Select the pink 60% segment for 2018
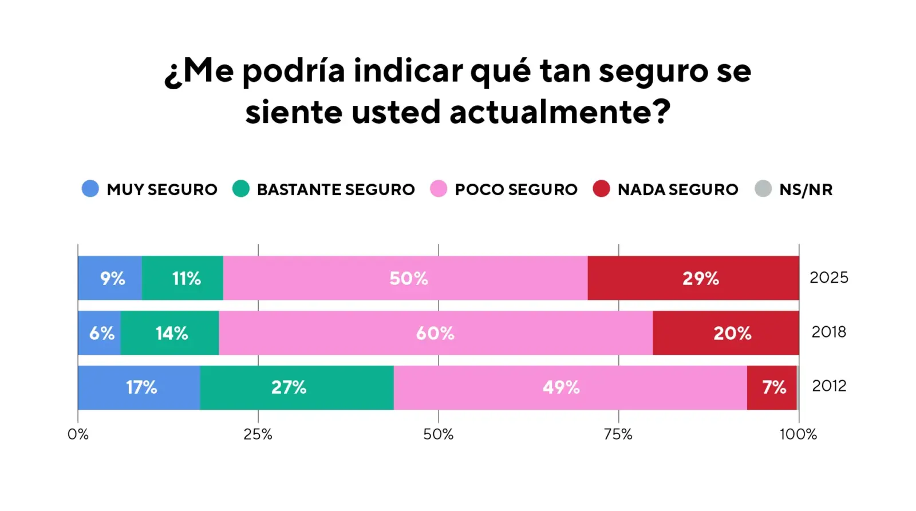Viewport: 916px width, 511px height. [x=435, y=333]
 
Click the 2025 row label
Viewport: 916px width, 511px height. [x=828, y=278]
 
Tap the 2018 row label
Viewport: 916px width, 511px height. [x=828, y=332]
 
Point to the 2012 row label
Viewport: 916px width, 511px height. [x=828, y=386]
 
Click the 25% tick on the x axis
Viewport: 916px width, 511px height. [x=258, y=434]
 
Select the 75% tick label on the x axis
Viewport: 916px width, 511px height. [x=618, y=434]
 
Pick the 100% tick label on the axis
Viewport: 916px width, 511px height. [x=798, y=434]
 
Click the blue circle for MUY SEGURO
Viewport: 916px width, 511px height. [x=90, y=188]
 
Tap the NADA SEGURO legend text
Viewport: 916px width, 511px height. [x=678, y=189]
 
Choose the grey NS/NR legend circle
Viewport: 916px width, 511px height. [x=763, y=188]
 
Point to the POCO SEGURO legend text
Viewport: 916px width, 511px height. [x=516, y=189]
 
